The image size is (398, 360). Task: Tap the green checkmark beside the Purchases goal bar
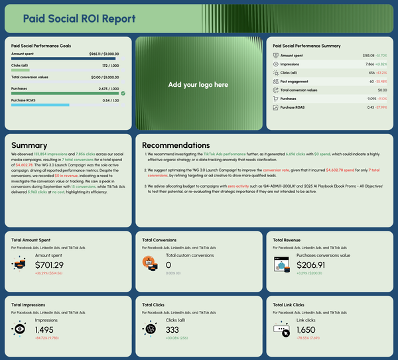123,93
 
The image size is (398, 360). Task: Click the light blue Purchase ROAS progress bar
40,105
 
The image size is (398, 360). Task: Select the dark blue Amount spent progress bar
65,58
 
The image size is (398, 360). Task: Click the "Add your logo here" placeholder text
198,85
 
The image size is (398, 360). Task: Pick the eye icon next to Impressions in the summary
275,64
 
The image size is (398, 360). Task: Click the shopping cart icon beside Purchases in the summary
275,98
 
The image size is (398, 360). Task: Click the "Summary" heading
29,145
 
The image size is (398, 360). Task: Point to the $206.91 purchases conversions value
316,265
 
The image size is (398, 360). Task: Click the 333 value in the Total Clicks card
173,330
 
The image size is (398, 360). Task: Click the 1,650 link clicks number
310,330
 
